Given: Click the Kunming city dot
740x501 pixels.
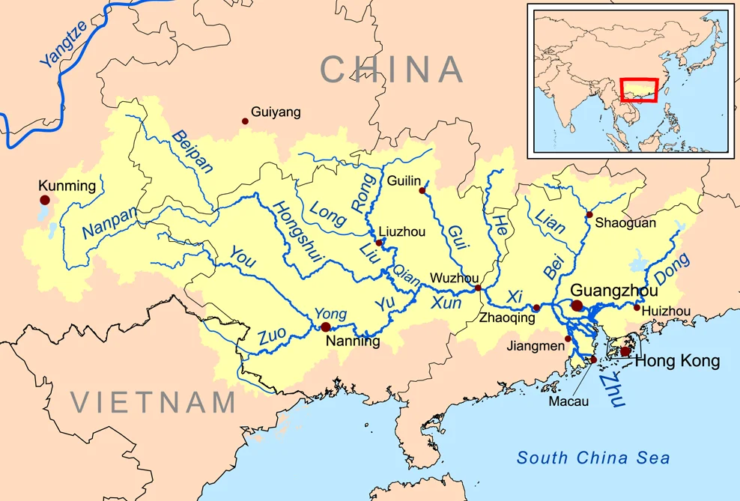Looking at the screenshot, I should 45,200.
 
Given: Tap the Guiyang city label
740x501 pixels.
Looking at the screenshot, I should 276,112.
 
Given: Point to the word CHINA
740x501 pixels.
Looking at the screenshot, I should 392,70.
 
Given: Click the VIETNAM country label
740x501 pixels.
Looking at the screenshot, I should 154,402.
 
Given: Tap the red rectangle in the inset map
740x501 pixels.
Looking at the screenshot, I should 640,90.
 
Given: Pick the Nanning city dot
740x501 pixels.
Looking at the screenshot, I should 325,327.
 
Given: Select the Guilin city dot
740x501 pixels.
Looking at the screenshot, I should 422,191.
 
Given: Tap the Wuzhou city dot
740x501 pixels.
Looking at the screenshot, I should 478,288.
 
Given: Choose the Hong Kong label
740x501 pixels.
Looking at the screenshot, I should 677,362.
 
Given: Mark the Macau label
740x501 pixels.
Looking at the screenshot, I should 568,401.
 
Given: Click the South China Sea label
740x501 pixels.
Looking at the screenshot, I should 593,458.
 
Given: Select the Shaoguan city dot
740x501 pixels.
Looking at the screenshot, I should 589,215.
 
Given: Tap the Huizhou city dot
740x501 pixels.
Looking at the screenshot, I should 637,307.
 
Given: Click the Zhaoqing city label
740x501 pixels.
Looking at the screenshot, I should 507,318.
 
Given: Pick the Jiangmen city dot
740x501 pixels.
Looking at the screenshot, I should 568,338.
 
